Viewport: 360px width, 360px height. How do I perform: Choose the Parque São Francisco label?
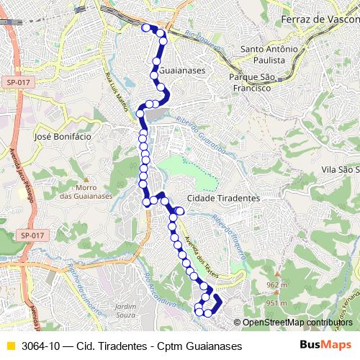(x=250, y=82)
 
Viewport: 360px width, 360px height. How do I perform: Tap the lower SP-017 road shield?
(x=32, y=235)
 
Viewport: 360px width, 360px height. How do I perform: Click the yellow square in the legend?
(x=10, y=346)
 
